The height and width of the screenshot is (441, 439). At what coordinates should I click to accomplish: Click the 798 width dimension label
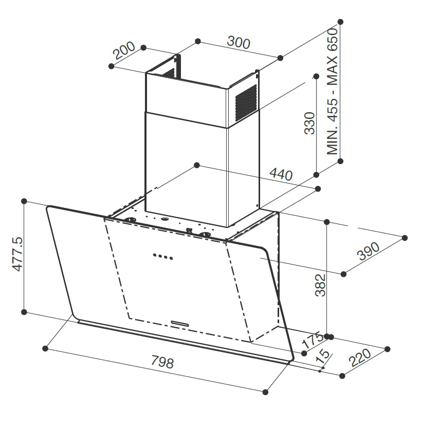[162, 362]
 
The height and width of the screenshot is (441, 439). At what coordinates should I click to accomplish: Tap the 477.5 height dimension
[17, 254]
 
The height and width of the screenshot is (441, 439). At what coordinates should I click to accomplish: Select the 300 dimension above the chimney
[239, 43]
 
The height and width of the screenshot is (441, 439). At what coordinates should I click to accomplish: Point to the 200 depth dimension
[124, 50]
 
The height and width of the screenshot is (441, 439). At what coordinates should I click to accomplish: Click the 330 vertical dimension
[310, 123]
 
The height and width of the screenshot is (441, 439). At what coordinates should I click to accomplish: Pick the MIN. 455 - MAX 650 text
[332, 92]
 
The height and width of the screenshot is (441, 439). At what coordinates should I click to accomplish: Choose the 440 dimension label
[281, 174]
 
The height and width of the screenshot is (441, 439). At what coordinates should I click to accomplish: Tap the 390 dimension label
[368, 251]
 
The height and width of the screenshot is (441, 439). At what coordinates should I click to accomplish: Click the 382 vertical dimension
[320, 285]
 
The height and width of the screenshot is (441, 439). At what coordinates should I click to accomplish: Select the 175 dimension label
[312, 340]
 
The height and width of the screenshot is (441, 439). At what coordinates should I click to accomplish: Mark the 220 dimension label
[360, 358]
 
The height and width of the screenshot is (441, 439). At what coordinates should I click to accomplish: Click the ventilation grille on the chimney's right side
[246, 103]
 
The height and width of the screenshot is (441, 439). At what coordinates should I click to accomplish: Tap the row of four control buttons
[163, 256]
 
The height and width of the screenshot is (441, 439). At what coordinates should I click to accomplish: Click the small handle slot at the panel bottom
[180, 323]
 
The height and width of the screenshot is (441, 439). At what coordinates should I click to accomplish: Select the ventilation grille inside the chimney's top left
[169, 73]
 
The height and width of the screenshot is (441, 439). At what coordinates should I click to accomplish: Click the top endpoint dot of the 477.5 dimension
[24, 201]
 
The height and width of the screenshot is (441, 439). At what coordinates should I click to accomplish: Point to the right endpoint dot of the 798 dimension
[265, 392]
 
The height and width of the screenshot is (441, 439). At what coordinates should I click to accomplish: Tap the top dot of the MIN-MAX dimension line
[340, 22]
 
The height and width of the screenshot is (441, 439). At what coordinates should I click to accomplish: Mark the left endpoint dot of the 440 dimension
[197, 165]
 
